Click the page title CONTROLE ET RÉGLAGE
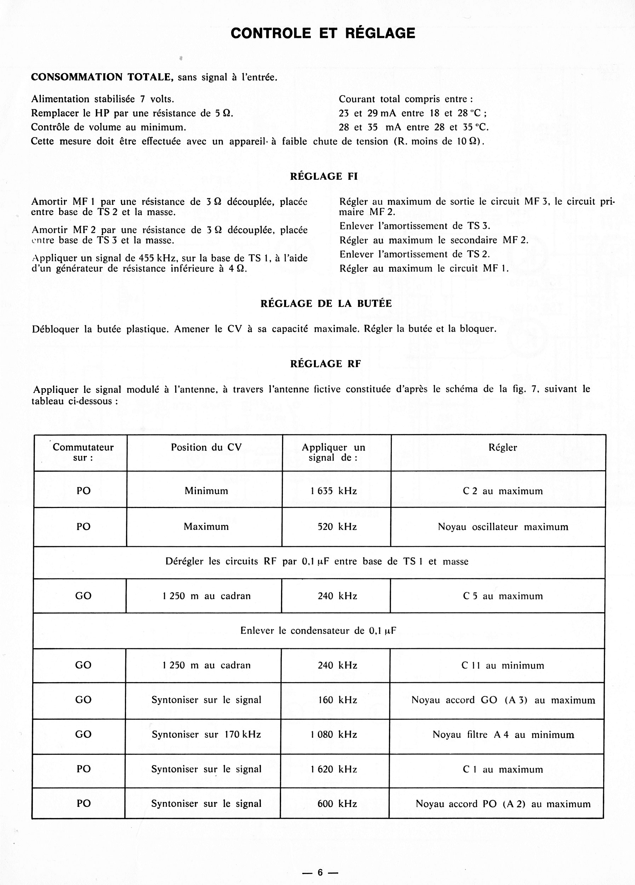coord(322,34)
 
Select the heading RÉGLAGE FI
coord(324,176)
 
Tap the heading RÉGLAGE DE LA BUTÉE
coord(326,304)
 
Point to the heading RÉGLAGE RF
coord(325,364)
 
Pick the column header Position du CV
coord(206,447)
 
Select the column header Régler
coord(502,447)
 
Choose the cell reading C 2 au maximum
coord(502,491)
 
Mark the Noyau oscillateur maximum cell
coord(503,527)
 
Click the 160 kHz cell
coord(337,700)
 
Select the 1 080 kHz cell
coord(333,735)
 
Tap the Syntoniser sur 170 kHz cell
coord(206,735)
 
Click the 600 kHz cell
coord(337,804)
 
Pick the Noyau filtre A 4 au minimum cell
coord(503,735)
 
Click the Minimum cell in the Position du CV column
coord(206,491)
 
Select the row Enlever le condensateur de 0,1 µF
coord(318,631)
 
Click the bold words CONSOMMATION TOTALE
coord(102,77)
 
